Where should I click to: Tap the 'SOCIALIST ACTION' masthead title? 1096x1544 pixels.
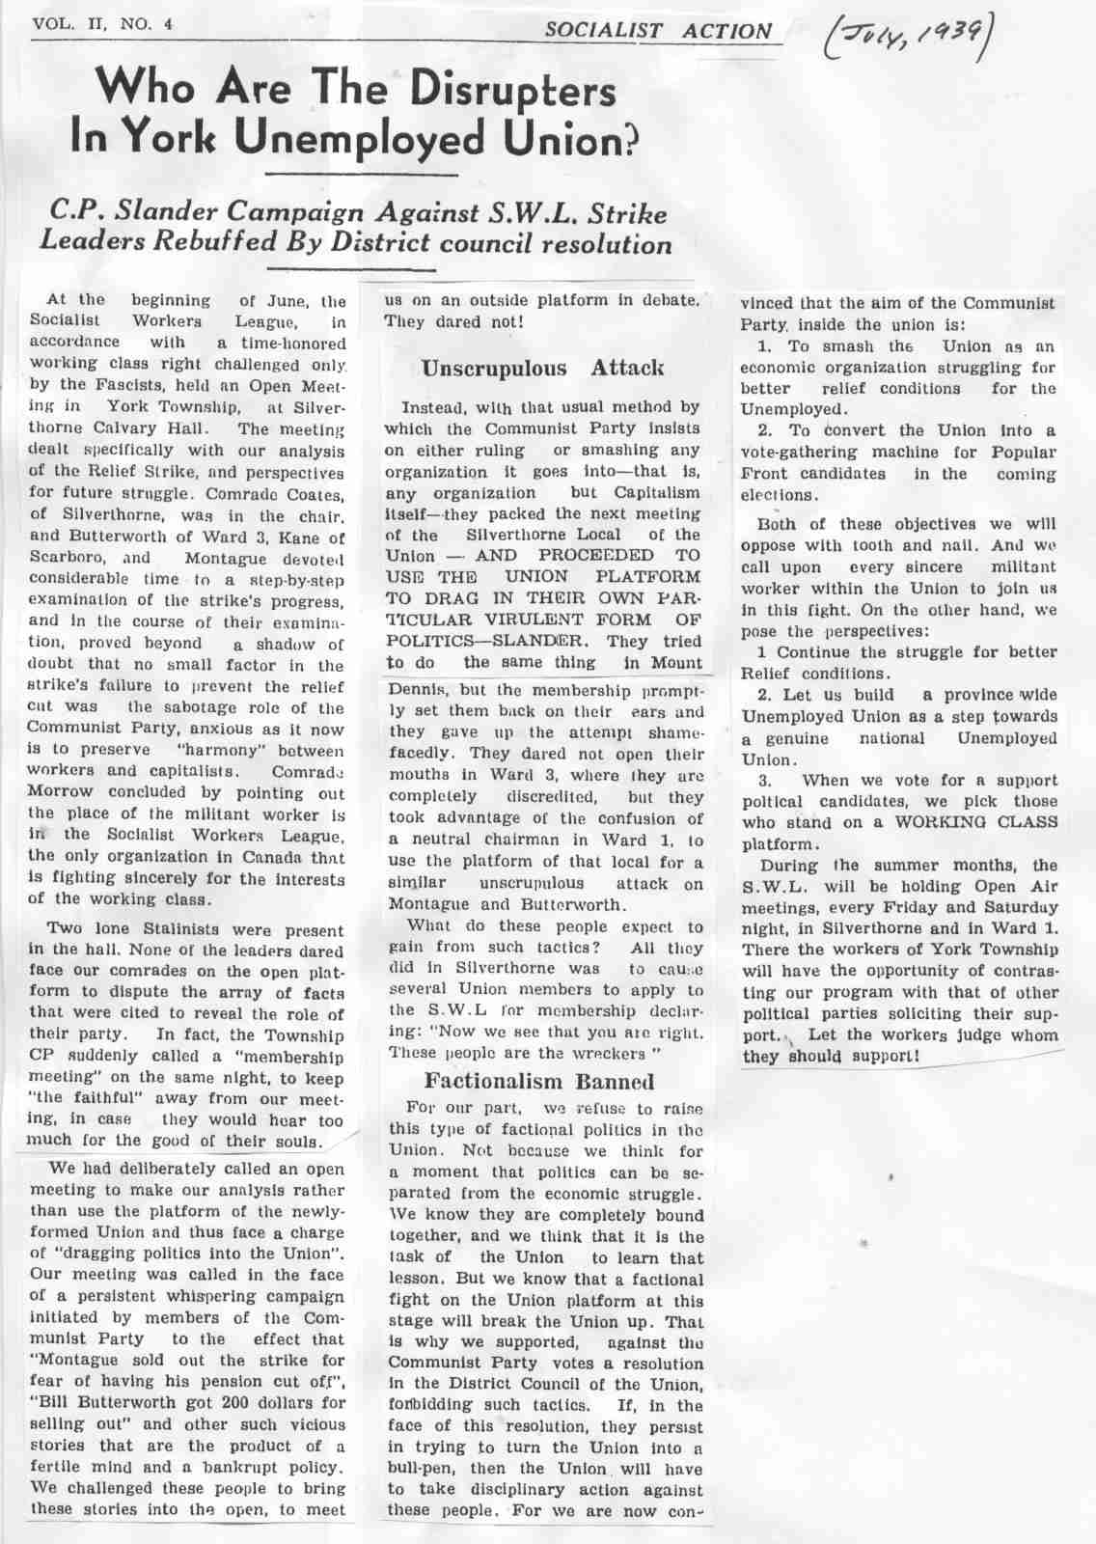pyautogui.click(x=659, y=31)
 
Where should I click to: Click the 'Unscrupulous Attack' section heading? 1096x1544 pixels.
pyautogui.click(x=542, y=368)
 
